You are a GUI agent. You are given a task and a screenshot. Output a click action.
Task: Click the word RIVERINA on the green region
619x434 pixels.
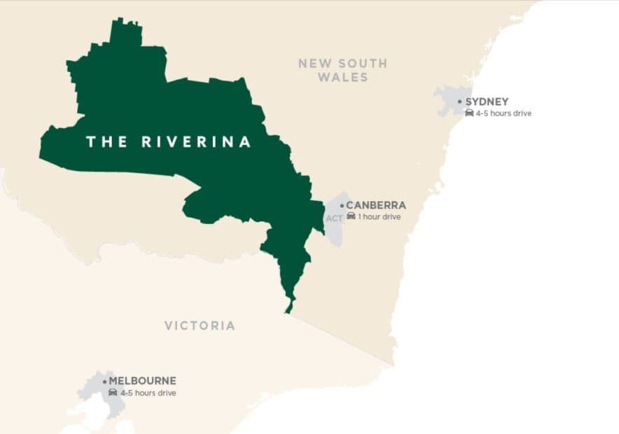(x=196, y=142)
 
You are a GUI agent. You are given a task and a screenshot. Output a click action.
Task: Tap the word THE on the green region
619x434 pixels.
(x=106, y=142)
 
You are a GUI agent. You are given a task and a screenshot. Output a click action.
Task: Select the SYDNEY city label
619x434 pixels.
(x=487, y=101)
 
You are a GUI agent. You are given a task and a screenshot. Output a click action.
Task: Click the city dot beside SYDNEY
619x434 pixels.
(x=460, y=101)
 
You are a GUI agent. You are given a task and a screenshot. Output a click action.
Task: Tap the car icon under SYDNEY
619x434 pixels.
(x=469, y=113)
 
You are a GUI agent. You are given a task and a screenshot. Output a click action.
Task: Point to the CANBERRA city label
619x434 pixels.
(x=376, y=206)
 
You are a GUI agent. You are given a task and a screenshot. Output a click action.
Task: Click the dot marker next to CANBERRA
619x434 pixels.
(x=342, y=206)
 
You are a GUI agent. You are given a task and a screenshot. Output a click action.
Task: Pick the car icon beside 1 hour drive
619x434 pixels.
(x=351, y=216)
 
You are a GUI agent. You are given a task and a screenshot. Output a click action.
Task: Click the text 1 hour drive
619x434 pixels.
(x=379, y=217)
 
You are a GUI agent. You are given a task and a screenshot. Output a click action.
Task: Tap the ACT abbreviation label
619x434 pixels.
(x=334, y=218)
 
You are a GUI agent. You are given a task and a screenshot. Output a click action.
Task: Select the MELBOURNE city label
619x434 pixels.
(x=142, y=381)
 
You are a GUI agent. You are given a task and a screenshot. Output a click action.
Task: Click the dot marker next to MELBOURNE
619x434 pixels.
(x=105, y=381)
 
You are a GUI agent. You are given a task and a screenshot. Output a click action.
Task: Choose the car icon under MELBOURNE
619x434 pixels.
(x=113, y=393)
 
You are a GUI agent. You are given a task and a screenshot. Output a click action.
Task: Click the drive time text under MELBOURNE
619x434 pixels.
(x=148, y=393)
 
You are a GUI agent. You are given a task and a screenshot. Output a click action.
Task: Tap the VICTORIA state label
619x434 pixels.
(x=200, y=325)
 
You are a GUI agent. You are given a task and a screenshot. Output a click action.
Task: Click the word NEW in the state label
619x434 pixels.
(x=313, y=63)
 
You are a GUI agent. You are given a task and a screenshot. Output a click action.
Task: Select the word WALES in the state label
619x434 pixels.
(x=342, y=77)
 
